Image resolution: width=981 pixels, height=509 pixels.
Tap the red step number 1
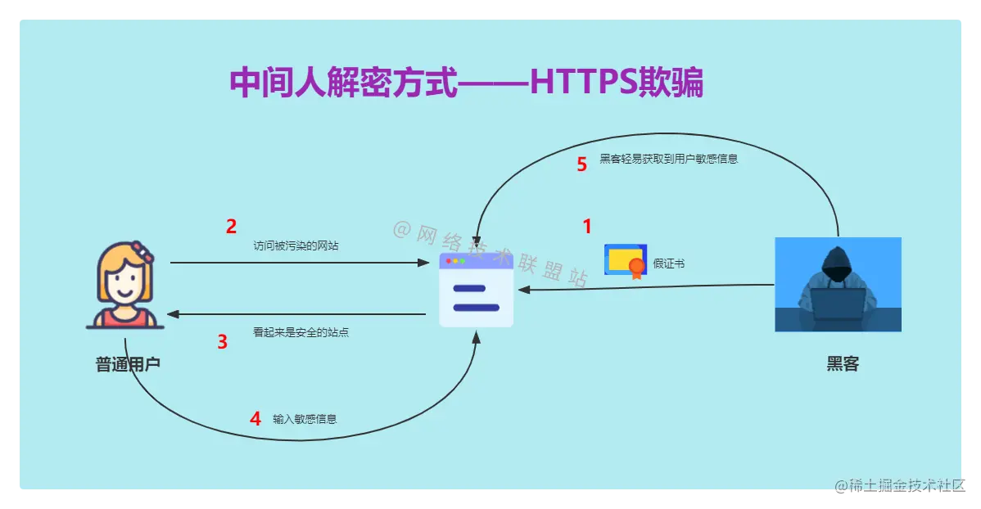(586, 226)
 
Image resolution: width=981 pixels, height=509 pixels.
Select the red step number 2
(231, 226)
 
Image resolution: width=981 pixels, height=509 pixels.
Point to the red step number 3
(222, 342)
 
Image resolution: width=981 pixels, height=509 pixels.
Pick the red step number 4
(255, 419)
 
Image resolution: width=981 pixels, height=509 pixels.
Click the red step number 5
(582, 164)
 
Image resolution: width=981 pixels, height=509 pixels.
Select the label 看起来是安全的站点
(301, 333)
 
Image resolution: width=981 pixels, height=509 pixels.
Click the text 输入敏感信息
(305, 419)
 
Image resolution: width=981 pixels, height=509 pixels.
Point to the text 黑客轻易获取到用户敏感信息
(669, 159)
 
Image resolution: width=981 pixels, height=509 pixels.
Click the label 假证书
(669, 264)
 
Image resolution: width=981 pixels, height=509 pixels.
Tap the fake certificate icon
(626, 261)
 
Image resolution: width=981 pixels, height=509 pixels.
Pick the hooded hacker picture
(838, 284)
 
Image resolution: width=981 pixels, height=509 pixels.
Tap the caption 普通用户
(128, 364)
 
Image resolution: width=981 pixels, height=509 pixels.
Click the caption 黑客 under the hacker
(843, 364)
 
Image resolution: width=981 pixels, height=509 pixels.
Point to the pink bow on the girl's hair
(142, 252)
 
